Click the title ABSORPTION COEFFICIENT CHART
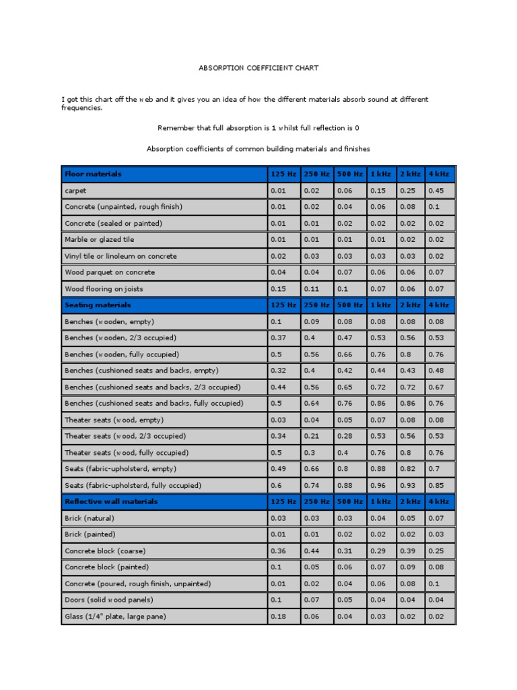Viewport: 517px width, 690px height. [258, 68]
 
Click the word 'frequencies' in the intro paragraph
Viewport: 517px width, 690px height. [81, 107]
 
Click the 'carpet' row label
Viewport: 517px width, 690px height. [75, 191]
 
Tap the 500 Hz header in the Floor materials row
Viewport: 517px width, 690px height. [349, 174]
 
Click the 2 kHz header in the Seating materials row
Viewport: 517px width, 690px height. [409, 305]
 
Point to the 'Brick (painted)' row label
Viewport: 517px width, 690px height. [90, 534]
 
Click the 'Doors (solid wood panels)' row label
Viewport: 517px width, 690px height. [109, 600]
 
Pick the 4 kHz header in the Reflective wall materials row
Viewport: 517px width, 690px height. [439, 502]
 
